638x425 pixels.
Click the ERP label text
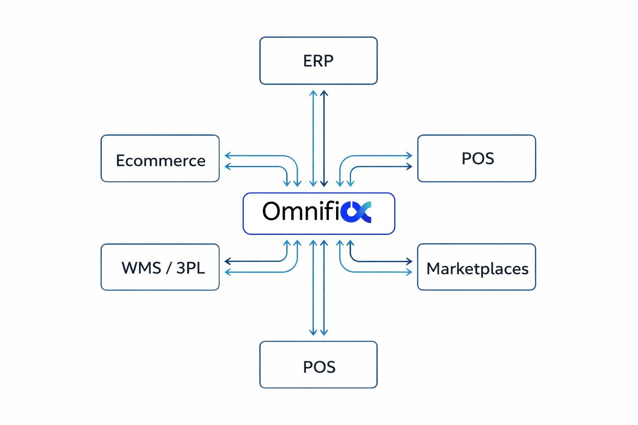[x=318, y=61]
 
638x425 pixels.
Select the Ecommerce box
[x=160, y=158]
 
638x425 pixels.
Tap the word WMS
[x=141, y=268]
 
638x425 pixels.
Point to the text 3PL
[x=190, y=268]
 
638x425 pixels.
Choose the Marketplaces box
[x=476, y=267]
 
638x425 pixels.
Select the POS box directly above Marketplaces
[x=476, y=158]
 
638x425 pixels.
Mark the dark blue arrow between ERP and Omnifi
[x=324, y=137]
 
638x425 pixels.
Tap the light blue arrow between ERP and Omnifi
[x=313, y=137]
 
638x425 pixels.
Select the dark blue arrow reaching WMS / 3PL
[x=253, y=261]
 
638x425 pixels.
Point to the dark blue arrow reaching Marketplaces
[x=382, y=261]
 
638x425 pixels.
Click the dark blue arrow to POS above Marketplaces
[x=382, y=166]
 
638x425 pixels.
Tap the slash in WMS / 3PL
[x=169, y=268]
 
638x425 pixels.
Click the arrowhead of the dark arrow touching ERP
[x=324, y=93]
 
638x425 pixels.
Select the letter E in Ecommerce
[x=121, y=161]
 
